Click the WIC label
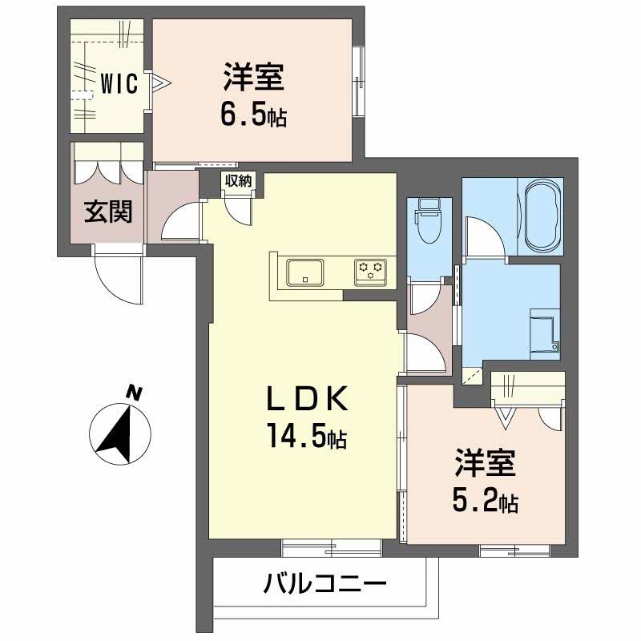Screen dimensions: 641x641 [x=119, y=82]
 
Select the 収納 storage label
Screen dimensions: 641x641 [x=238, y=181]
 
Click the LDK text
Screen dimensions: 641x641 [x=306, y=398]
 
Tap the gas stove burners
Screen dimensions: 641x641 [x=370, y=270]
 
